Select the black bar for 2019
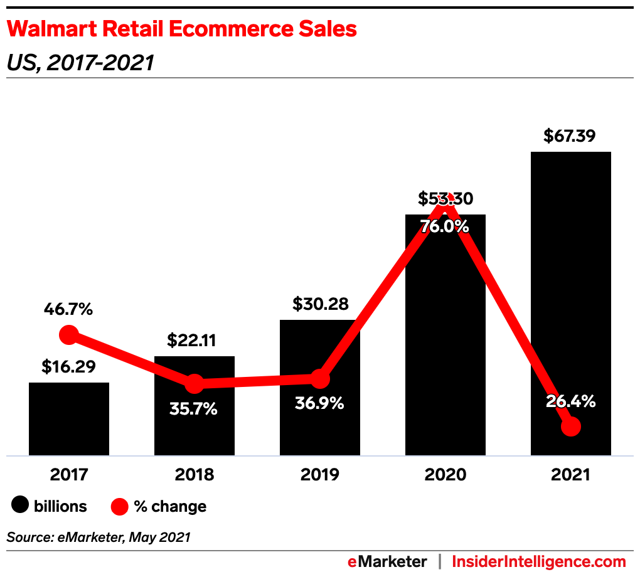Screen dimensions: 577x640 tap(320, 420)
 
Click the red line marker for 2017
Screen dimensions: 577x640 tap(68, 335)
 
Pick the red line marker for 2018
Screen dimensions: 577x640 tap(195, 383)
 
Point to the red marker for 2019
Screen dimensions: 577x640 tap(320, 378)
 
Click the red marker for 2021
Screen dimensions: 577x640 tap(570, 427)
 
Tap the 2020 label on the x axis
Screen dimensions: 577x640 tap(445, 474)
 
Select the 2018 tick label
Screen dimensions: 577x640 tap(195, 474)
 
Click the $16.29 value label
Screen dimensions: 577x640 tap(69, 367)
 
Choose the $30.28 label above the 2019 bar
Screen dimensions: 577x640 tap(320, 304)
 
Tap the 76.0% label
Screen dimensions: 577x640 tap(445, 226)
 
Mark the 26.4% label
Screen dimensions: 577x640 tap(570, 401)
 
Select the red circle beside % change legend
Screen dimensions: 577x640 tap(119, 506)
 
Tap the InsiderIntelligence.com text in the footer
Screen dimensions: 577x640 tap(539, 561)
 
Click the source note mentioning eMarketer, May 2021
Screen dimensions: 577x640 tap(99, 537)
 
